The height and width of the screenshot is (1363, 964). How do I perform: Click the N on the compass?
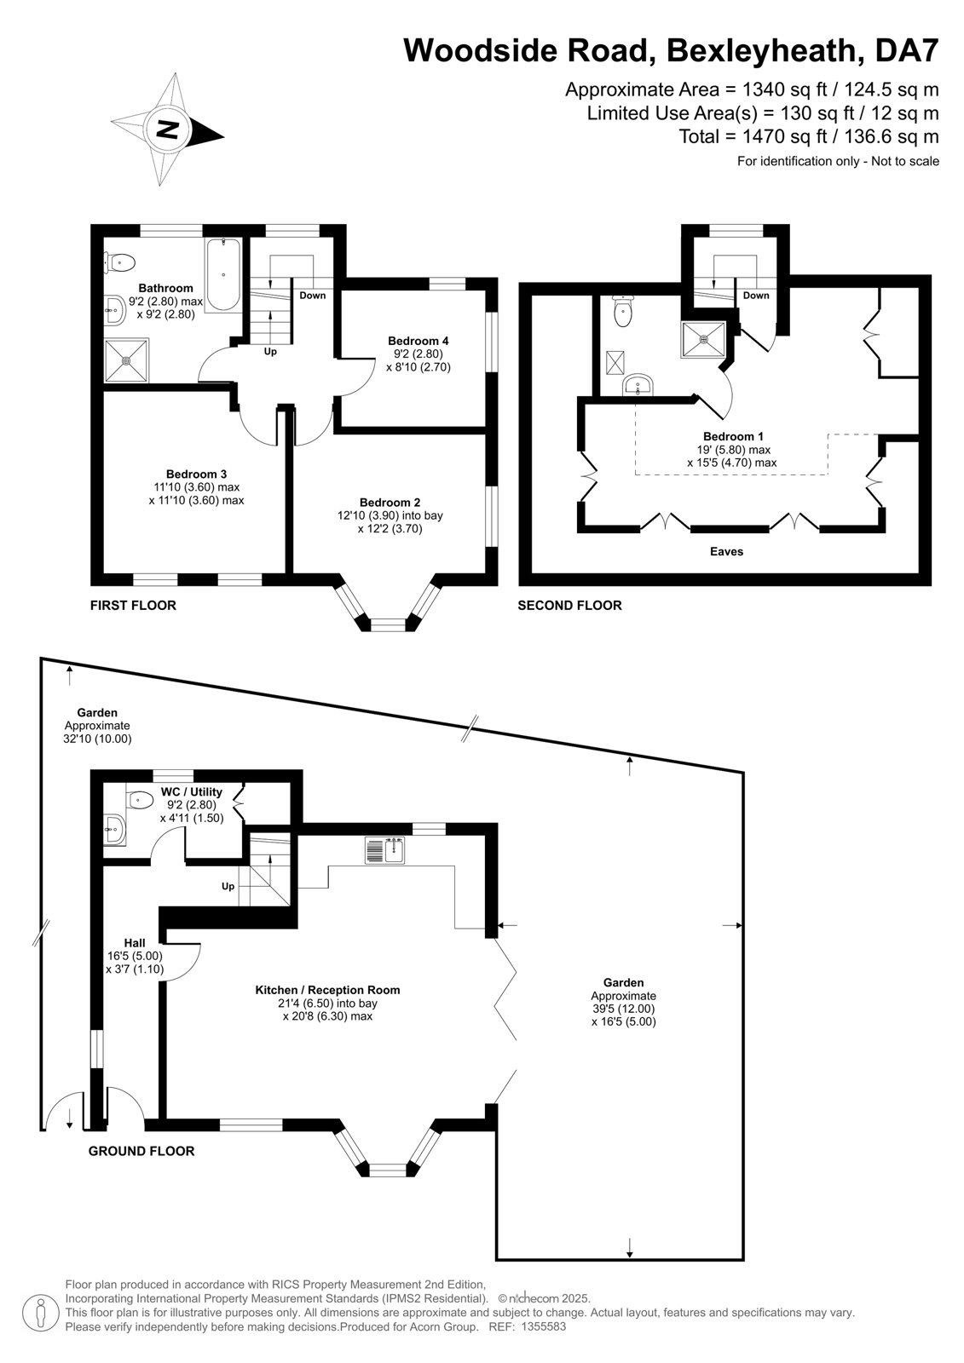tap(167, 129)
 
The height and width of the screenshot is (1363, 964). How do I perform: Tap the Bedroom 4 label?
tap(418, 341)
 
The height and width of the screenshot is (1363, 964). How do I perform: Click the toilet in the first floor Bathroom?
tap(119, 263)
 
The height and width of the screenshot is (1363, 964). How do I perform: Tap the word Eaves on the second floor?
tap(726, 551)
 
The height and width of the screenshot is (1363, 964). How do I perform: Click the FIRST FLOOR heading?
tap(133, 606)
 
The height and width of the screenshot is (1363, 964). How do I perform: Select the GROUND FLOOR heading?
tap(141, 1151)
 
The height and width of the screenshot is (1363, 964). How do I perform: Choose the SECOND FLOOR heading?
tap(569, 606)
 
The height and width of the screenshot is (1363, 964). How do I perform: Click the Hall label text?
tap(135, 943)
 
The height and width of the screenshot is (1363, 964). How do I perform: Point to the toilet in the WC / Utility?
tap(140, 801)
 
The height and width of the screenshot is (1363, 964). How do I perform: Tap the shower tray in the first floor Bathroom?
tap(126, 361)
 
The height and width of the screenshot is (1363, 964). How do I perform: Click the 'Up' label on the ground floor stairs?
tap(228, 886)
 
